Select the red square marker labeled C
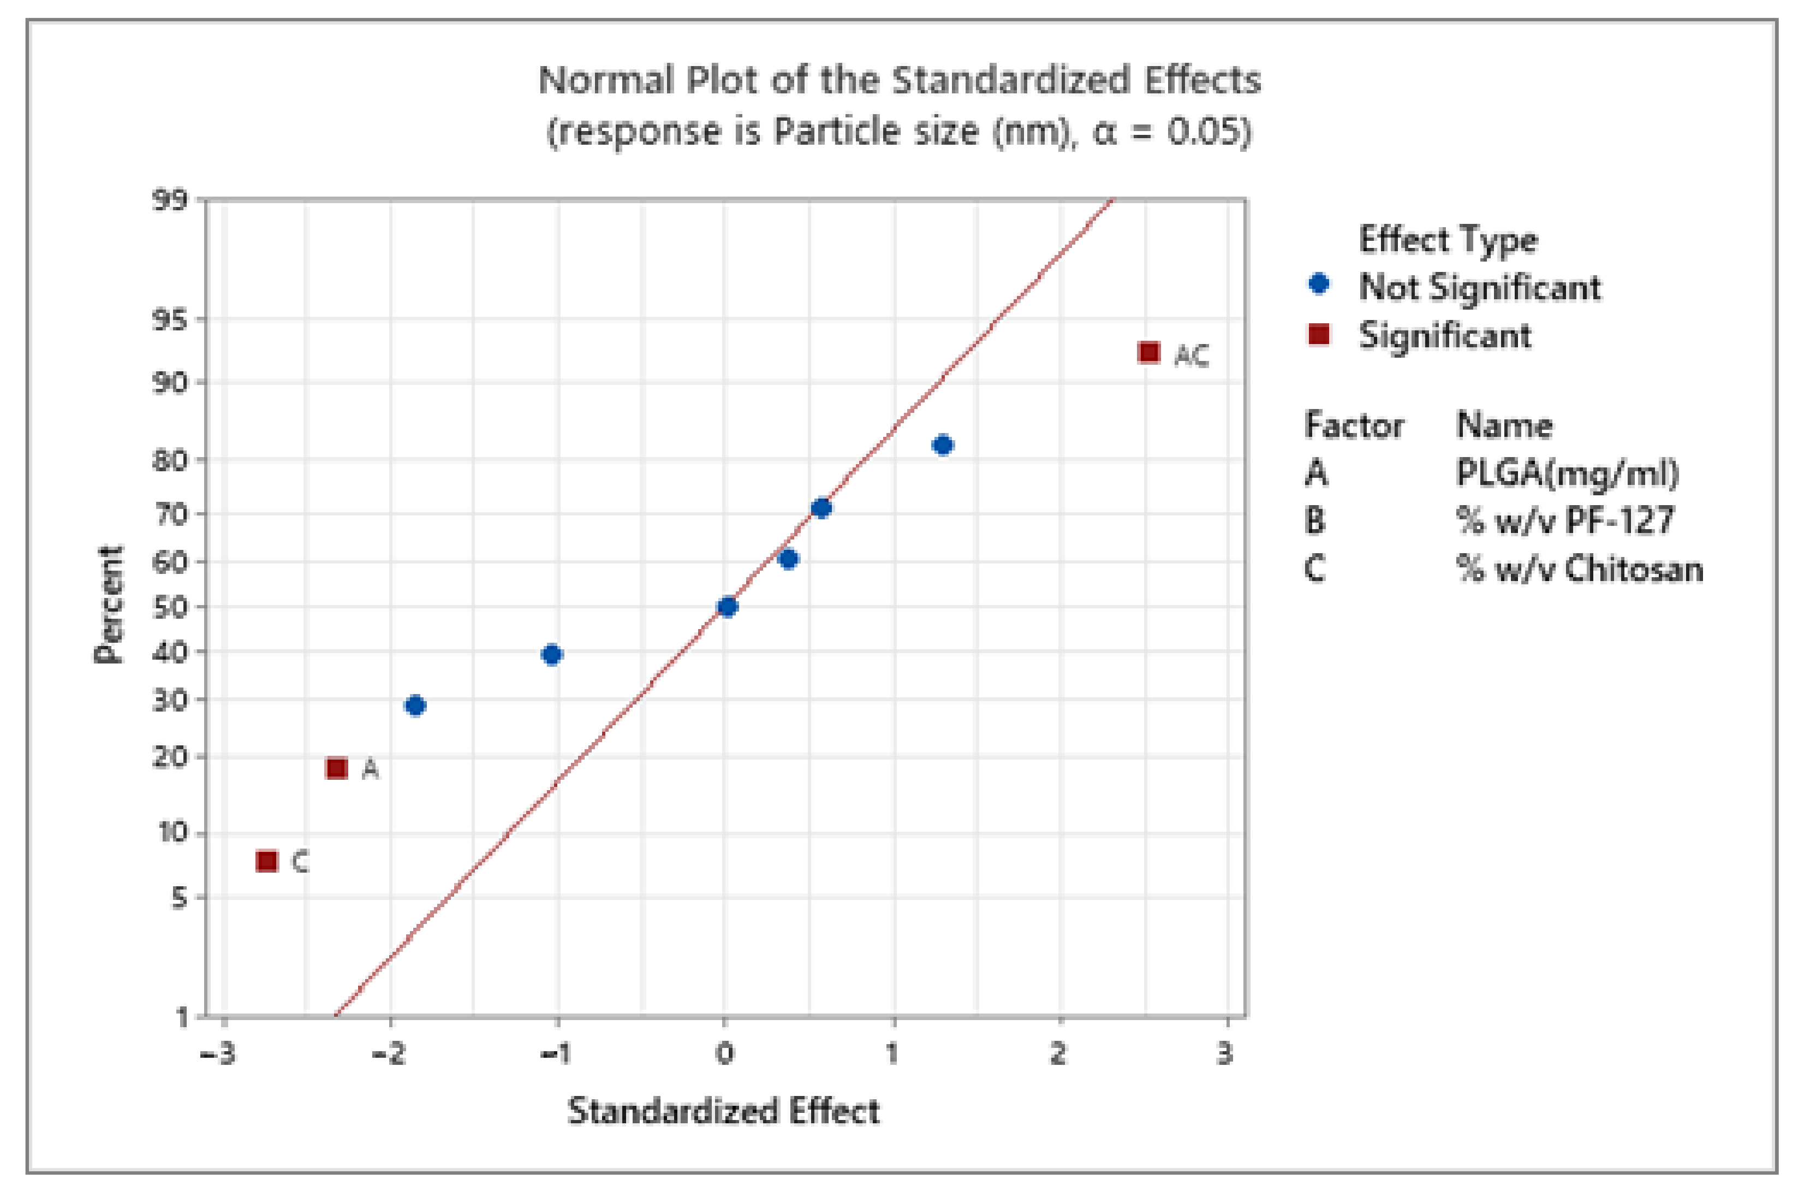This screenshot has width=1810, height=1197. click(266, 861)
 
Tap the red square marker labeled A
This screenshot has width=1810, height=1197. click(337, 768)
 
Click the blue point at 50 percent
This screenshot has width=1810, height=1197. click(727, 607)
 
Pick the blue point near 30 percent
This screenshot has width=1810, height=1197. click(415, 706)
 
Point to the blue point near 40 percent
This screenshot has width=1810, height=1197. click(552, 654)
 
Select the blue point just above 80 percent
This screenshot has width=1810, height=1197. click(943, 445)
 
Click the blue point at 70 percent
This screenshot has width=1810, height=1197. click(821, 508)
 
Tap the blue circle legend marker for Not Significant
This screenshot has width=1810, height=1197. click(1319, 284)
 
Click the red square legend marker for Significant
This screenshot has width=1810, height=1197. click(1319, 334)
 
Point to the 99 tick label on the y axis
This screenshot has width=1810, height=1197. click(169, 200)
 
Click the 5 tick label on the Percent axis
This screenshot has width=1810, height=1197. click(178, 898)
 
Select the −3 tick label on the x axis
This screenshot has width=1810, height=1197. click(217, 1054)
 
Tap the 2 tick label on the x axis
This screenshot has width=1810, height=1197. click(1058, 1054)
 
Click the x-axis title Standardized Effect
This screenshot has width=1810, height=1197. click(723, 1111)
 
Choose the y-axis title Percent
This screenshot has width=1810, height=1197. click(109, 604)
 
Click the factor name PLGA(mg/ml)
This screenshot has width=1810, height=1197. click(1567, 473)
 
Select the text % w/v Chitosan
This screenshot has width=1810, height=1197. click(1580, 568)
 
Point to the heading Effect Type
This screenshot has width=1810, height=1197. click(1448, 240)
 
